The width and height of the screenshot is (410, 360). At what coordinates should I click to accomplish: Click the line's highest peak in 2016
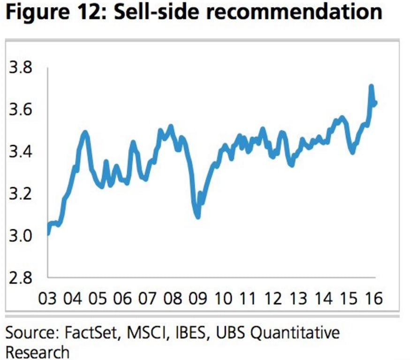coord(371,86)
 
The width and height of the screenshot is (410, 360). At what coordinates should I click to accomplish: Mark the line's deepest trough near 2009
coord(198,216)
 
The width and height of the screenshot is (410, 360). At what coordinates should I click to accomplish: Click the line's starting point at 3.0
coord(49,233)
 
